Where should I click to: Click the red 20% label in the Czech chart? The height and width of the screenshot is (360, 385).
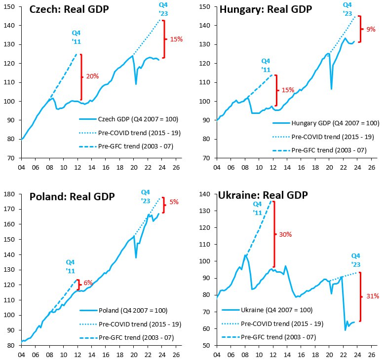(92, 76)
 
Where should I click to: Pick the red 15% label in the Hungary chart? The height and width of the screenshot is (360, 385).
(288, 90)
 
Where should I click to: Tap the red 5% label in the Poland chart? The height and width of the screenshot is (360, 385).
(174, 202)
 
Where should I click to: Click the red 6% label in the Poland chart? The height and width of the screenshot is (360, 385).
(88, 283)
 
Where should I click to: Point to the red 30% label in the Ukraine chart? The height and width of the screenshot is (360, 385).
(285, 234)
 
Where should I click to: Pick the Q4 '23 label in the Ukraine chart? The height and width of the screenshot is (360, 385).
(355, 259)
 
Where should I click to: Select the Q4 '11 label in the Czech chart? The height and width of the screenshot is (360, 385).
(77, 37)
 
